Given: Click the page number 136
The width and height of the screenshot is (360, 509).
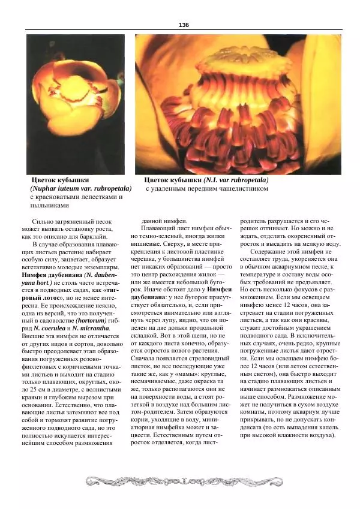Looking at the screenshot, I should click(184, 24).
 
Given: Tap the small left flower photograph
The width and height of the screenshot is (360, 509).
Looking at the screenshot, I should click(76, 104).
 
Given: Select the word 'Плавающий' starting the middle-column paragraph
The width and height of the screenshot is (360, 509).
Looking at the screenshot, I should click(159, 228).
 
